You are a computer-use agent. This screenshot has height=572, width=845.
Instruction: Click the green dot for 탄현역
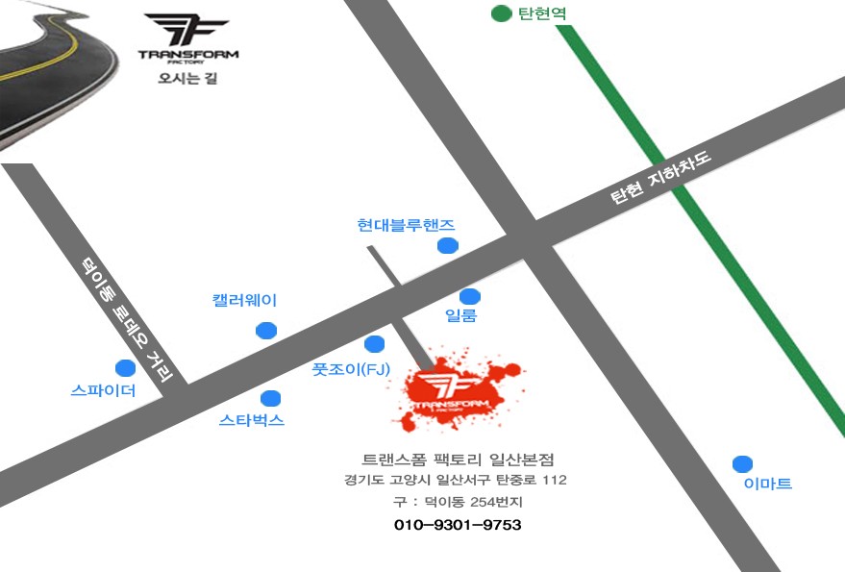coord(500,13)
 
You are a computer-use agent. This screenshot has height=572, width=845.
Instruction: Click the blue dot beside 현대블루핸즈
coord(448,246)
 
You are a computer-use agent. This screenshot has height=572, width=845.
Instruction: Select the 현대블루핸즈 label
coord(406,225)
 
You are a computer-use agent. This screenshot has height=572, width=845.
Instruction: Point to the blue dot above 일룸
coord(469,296)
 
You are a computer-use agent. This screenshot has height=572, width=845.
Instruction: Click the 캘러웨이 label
coord(244,301)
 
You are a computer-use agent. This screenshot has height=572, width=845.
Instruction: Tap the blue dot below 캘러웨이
coord(266,331)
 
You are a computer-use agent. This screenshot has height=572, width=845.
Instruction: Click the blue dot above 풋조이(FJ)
coord(375,344)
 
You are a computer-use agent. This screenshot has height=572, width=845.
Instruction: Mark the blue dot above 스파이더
coord(125,368)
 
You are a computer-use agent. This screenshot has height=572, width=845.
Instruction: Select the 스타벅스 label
coord(252,420)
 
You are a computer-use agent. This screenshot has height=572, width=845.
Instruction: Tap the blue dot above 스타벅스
coord(271,398)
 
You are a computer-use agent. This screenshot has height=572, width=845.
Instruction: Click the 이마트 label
coord(768,485)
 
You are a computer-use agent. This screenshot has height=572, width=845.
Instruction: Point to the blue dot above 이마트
coord(742,463)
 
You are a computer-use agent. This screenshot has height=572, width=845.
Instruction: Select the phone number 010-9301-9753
coord(458,525)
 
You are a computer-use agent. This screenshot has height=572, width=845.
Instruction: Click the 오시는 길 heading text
coord(188,78)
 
